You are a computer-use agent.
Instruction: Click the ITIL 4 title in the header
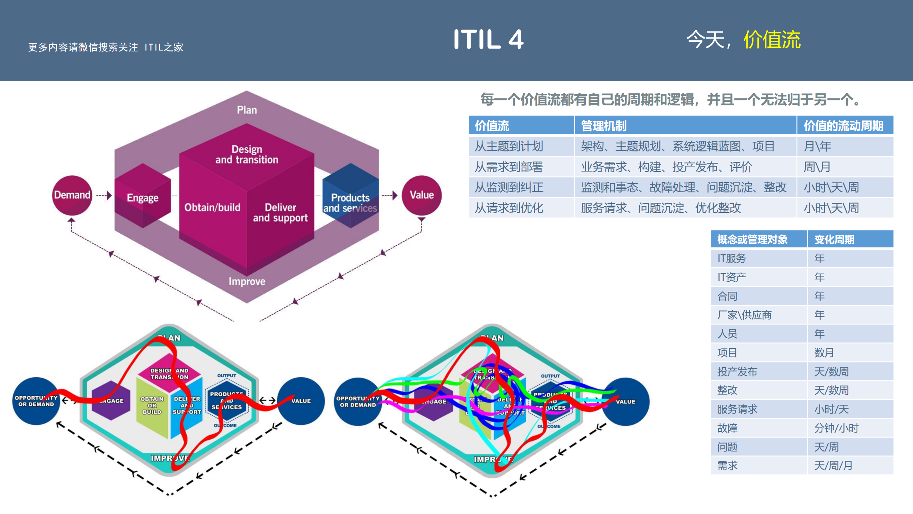[x=488, y=39]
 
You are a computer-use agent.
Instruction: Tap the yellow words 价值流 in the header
[x=772, y=39]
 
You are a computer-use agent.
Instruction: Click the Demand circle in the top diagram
[x=72, y=195]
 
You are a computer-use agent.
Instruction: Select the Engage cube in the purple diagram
[x=143, y=196]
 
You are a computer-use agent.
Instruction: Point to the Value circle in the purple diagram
[x=421, y=195]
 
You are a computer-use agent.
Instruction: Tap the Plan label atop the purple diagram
[x=247, y=110]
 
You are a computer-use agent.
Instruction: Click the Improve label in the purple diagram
[x=247, y=281]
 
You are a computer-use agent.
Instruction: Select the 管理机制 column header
[x=604, y=126]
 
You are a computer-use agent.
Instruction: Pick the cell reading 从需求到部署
[x=509, y=167]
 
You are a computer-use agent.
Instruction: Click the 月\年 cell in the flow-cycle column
[x=817, y=146]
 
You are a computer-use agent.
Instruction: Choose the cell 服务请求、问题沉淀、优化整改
[x=661, y=208]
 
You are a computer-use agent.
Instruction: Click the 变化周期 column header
[x=834, y=239]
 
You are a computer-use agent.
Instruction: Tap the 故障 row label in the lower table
[x=727, y=428]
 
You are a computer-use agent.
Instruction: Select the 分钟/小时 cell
[x=836, y=428]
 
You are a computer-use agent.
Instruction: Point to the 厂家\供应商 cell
[x=744, y=315]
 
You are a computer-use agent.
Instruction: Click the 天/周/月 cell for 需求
[x=833, y=466]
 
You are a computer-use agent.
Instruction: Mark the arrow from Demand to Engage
[x=104, y=195]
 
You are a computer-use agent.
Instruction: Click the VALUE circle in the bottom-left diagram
[x=301, y=401]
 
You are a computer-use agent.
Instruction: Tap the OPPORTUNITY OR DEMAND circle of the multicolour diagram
[x=357, y=401]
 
